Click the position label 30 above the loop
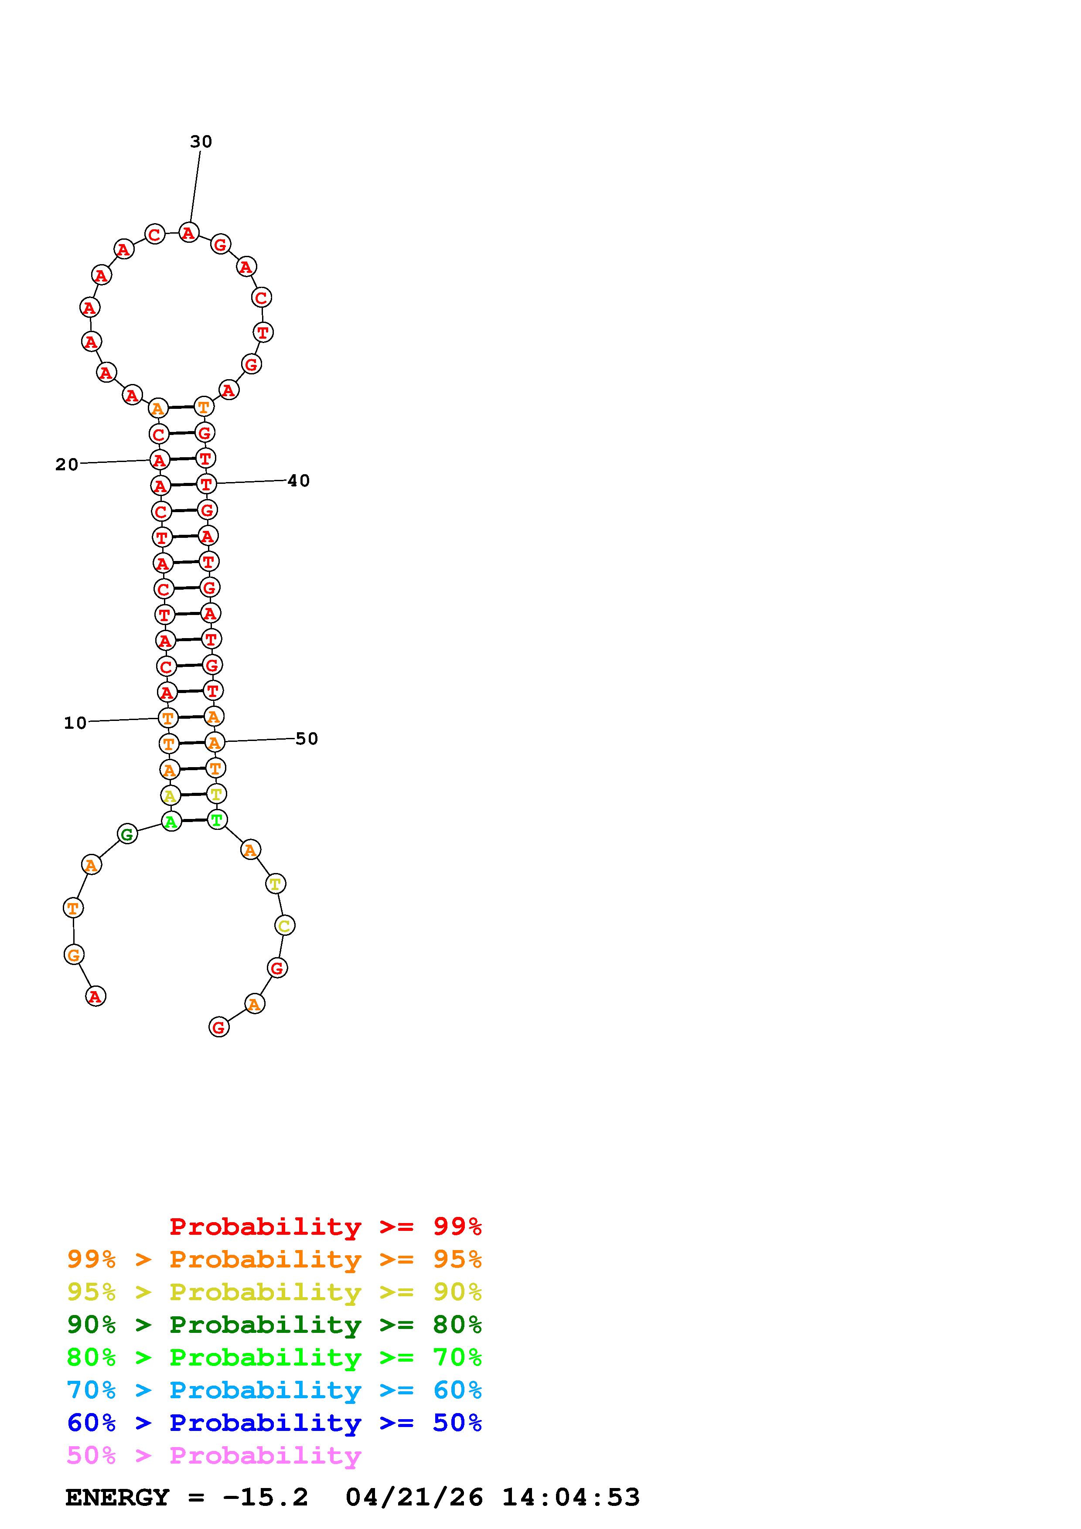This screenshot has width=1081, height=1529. coord(201,141)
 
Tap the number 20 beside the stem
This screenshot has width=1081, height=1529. coord(67,464)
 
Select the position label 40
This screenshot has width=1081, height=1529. coord(298,481)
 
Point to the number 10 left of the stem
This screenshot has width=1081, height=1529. coord(75,723)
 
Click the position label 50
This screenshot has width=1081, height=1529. coord(307,738)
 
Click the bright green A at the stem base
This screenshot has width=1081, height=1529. coord(171,821)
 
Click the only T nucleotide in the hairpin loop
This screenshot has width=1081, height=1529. coord(263,332)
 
